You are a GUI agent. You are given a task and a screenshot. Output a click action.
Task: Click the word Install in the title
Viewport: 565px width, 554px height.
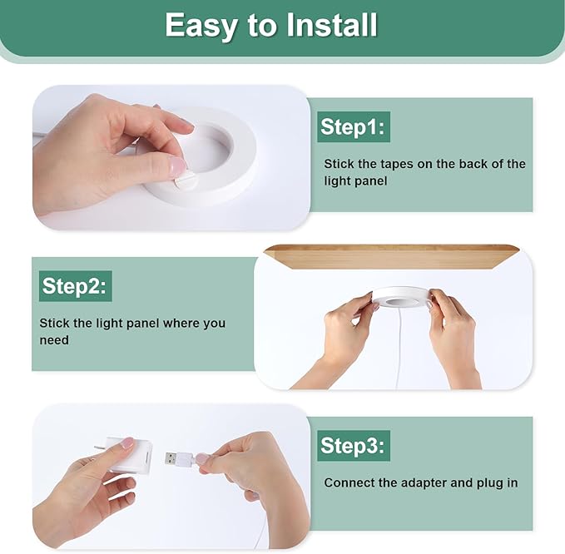point(331,25)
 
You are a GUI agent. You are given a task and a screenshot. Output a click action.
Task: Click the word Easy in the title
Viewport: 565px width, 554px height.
point(201,26)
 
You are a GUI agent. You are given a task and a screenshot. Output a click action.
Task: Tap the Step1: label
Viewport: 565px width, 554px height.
point(354,126)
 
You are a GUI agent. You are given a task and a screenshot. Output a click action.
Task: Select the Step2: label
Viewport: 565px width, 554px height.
point(76,286)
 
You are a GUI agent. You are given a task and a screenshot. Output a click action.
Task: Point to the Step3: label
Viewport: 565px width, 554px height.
point(354,446)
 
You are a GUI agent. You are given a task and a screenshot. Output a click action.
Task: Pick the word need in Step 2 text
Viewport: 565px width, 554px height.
point(54,340)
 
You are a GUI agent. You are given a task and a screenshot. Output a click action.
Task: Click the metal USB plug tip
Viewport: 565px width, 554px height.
point(171,458)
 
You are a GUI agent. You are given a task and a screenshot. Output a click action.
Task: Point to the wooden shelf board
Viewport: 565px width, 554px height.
point(392,256)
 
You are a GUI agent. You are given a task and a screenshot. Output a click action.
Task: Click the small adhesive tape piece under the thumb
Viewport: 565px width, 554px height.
point(186,179)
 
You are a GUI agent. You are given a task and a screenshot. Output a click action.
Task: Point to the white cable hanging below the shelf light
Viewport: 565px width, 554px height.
point(399,349)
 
